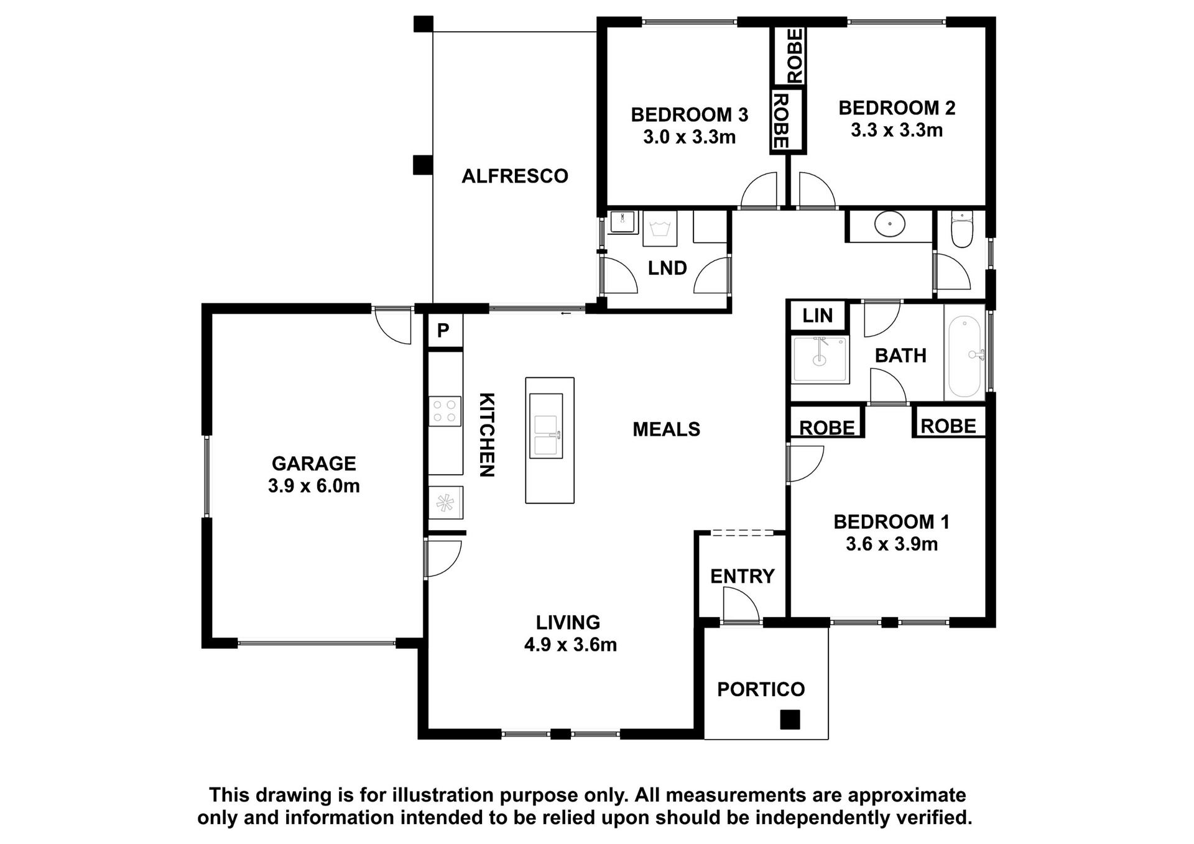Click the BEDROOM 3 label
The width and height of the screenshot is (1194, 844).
pyautogui.click(x=689, y=114)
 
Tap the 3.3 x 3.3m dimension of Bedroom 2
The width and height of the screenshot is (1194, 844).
pyautogui.click(x=897, y=131)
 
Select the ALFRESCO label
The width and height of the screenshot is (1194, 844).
pyautogui.click(x=515, y=176)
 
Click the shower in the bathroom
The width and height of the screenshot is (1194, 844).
pyautogui.click(x=820, y=359)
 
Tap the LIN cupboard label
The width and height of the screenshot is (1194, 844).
pyautogui.click(x=817, y=316)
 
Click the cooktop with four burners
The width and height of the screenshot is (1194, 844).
pyautogui.click(x=445, y=411)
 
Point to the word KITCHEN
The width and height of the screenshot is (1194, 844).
pyautogui.click(x=487, y=434)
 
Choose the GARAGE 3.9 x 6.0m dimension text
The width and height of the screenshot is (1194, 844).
pyautogui.click(x=314, y=486)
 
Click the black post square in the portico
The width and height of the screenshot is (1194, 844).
pyautogui.click(x=790, y=720)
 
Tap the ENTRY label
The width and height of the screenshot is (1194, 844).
pyautogui.click(x=743, y=576)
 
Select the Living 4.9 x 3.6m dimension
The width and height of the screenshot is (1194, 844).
pyautogui.click(x=570, y=645)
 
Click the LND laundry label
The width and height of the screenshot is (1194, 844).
pyautogui.click(x=667, y=268)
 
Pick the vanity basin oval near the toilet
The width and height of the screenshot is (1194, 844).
pyautogui.click(x=890, y=224)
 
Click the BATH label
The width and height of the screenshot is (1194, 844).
pyautogui.click(x=900, y=355)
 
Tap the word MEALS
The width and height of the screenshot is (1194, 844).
pyautogui.click(x=667, y=429)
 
